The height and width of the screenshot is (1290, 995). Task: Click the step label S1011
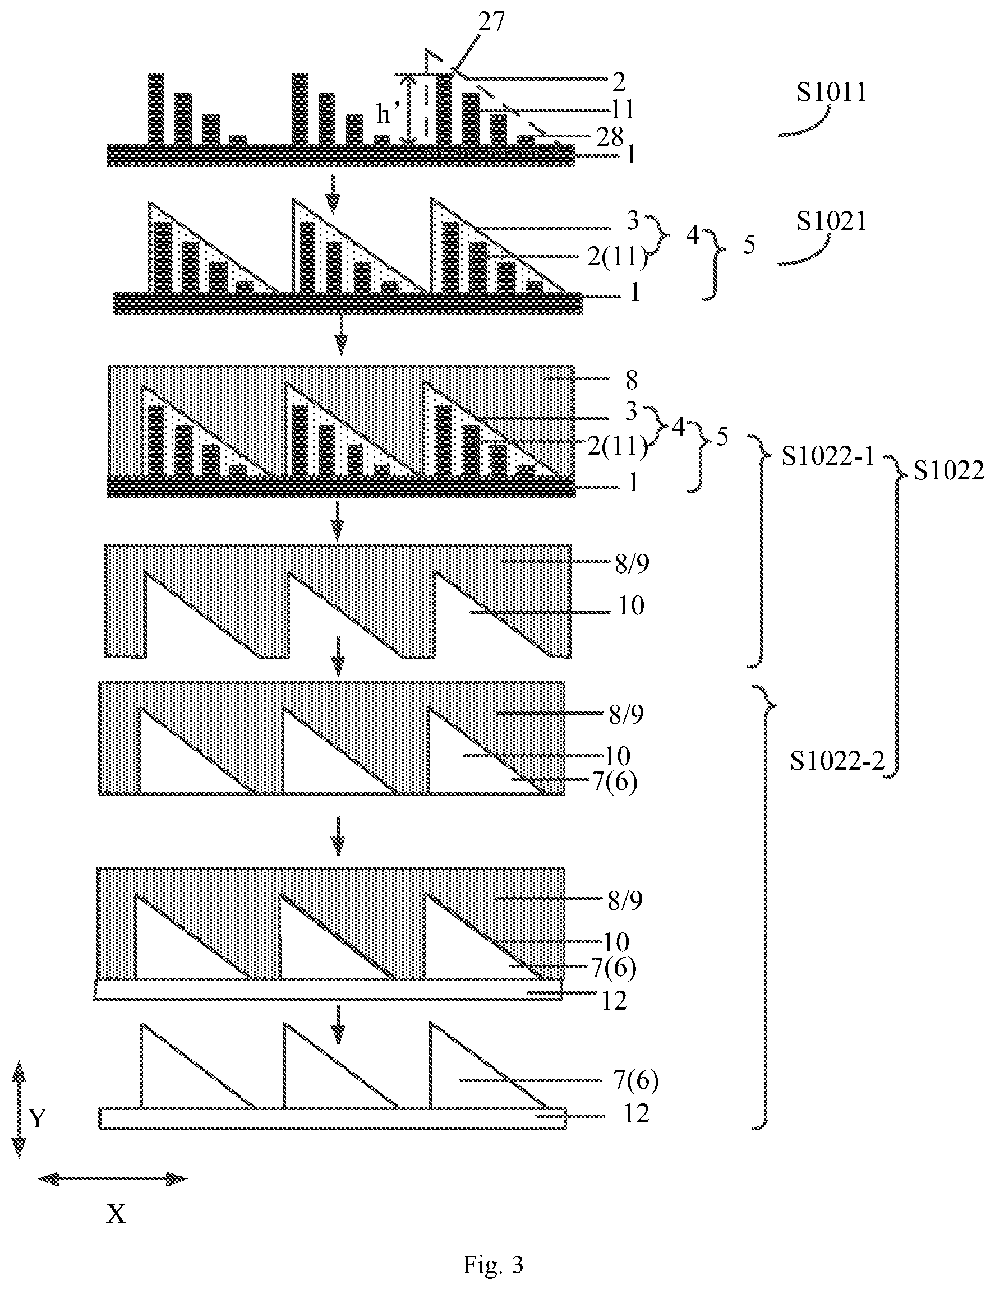pos(831,93)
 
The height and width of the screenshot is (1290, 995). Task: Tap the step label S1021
pos(831,221)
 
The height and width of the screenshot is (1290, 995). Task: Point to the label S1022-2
pos(837,762)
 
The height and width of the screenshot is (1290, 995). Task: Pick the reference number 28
pos(609,137)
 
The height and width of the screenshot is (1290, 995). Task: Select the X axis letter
pos(116,1214)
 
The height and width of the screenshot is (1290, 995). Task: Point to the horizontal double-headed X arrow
pos(112,1179)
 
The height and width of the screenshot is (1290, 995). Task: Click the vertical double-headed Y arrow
pos(19,1109)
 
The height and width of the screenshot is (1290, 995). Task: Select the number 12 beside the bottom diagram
pos(637,1114)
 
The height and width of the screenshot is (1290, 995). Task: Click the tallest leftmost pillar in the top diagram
pos(155,109)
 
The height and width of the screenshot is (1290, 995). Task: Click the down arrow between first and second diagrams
pos(333,194)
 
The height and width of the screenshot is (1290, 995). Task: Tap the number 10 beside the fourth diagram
pos(630,606)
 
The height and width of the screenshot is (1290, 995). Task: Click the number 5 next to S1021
pos(749,244)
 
